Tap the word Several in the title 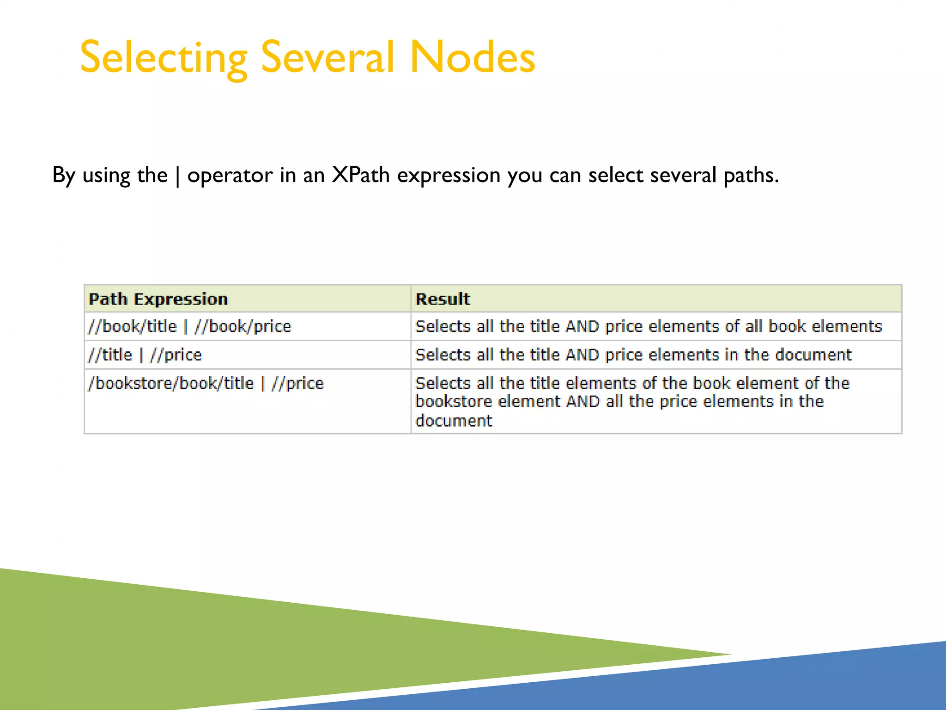(x=327, y=57)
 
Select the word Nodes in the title (x=472, y=57)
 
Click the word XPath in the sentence (x=361, y=175)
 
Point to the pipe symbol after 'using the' (x=178, y=176)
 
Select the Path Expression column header (x=158, y=299)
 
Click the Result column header (x=443, y=299)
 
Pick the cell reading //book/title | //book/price (x=190, y=326)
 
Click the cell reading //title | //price (x=145, y=355)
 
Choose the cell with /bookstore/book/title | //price (x=206, y=383)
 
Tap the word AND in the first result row (x=582, y=327)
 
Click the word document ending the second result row (x=813, y=355)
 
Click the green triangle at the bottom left (x=185, y=647)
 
